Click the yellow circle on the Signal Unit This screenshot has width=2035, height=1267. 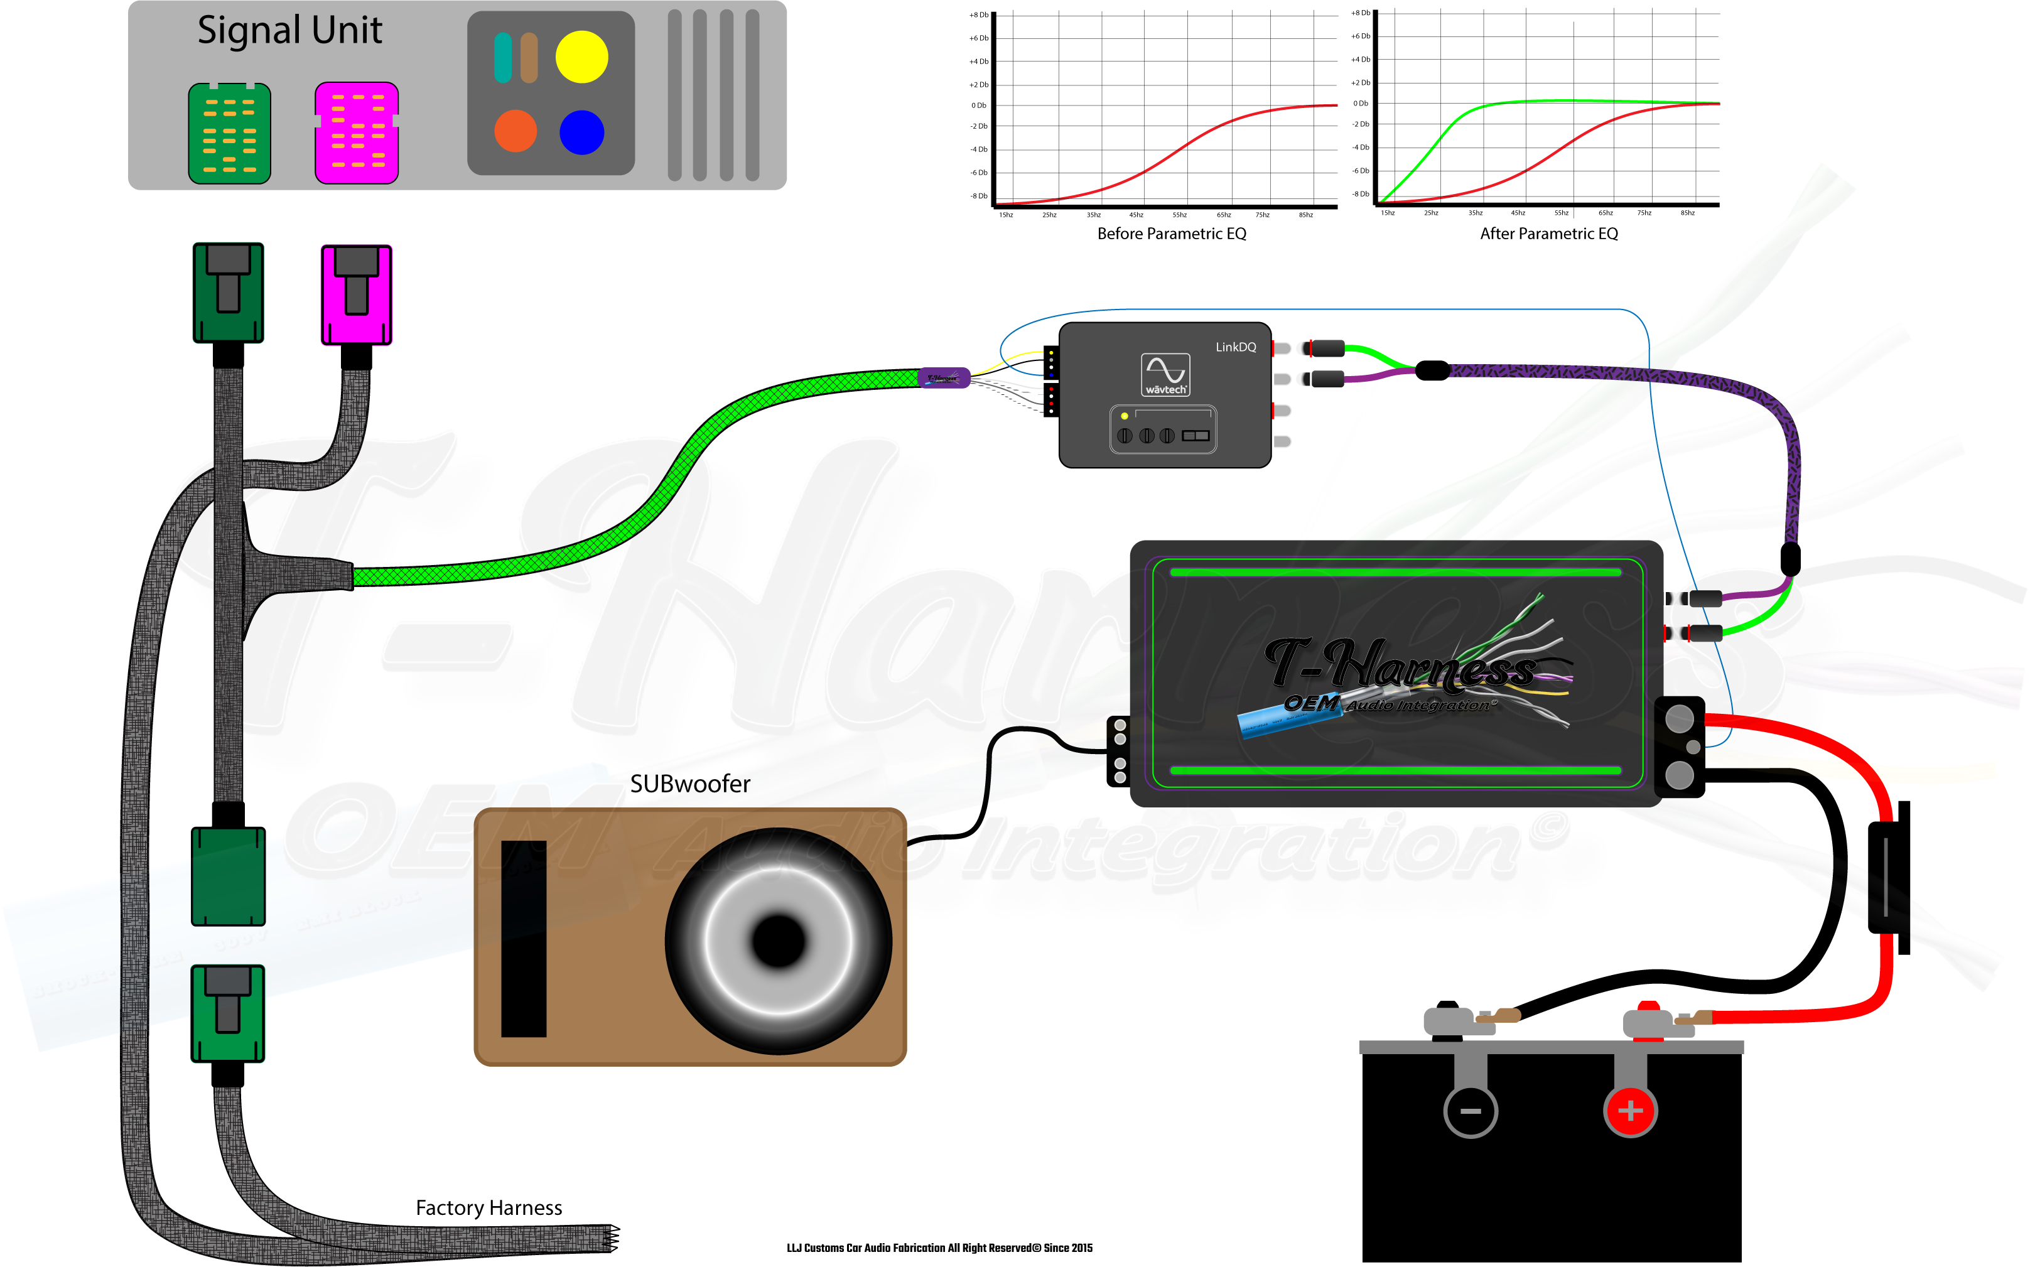coord(581,57)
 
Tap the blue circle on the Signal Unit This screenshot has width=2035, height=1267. coord(581,132)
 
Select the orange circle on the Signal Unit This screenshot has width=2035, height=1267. coord(515,131)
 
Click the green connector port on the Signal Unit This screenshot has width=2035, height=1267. coord(230,133)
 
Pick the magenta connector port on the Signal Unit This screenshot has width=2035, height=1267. coord(357,132)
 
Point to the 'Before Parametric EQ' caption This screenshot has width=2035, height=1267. coord(1171,234)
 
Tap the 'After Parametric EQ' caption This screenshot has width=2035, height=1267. coord(1548,234)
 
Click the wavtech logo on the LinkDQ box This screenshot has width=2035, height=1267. coord(1165,374)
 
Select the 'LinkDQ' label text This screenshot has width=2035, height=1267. coord(1236,347)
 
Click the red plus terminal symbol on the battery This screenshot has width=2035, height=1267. coord(1629,1111)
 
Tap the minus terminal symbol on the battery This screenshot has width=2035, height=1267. coord(1471,1111)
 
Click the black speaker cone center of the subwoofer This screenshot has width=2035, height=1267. coord(779,940)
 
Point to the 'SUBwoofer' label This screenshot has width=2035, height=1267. coord(689,784)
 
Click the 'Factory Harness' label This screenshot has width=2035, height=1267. coord(489,1207)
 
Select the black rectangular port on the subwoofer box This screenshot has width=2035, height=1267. coord(524,939)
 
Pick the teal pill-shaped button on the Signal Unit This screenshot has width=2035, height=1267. coord(503,58)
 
